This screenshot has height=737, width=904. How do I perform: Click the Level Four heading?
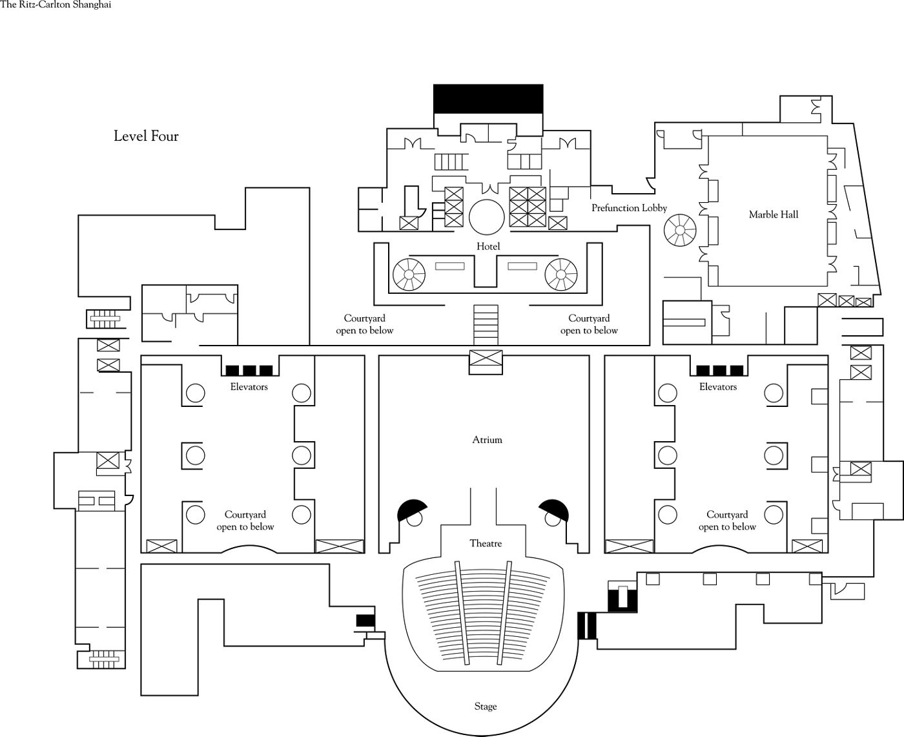coord(146,136)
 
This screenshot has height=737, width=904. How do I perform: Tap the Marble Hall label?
coord(773,214)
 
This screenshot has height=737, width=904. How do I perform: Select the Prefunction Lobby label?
coord(629,208)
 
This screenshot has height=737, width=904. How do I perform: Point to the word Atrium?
coord(487,440)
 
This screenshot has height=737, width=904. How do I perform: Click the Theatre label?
coord(486,543)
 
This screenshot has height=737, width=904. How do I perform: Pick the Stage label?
coord(486,706)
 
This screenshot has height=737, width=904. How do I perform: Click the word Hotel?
coord(488,246)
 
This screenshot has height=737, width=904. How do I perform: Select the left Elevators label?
coord(249,387)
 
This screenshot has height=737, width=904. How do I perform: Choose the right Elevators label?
coord(717,387)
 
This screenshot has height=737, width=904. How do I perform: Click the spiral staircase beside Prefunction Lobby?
coord(681,231)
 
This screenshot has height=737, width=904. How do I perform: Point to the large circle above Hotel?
coord(486,217)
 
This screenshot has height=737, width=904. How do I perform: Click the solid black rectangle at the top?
coord(488,99)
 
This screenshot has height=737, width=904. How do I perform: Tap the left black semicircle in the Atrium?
coord(411,510)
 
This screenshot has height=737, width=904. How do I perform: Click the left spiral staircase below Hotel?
coord(409,275)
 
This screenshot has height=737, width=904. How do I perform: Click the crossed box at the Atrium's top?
coord(485,361)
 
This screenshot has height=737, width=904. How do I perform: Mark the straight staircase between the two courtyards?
coord(486,324)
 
